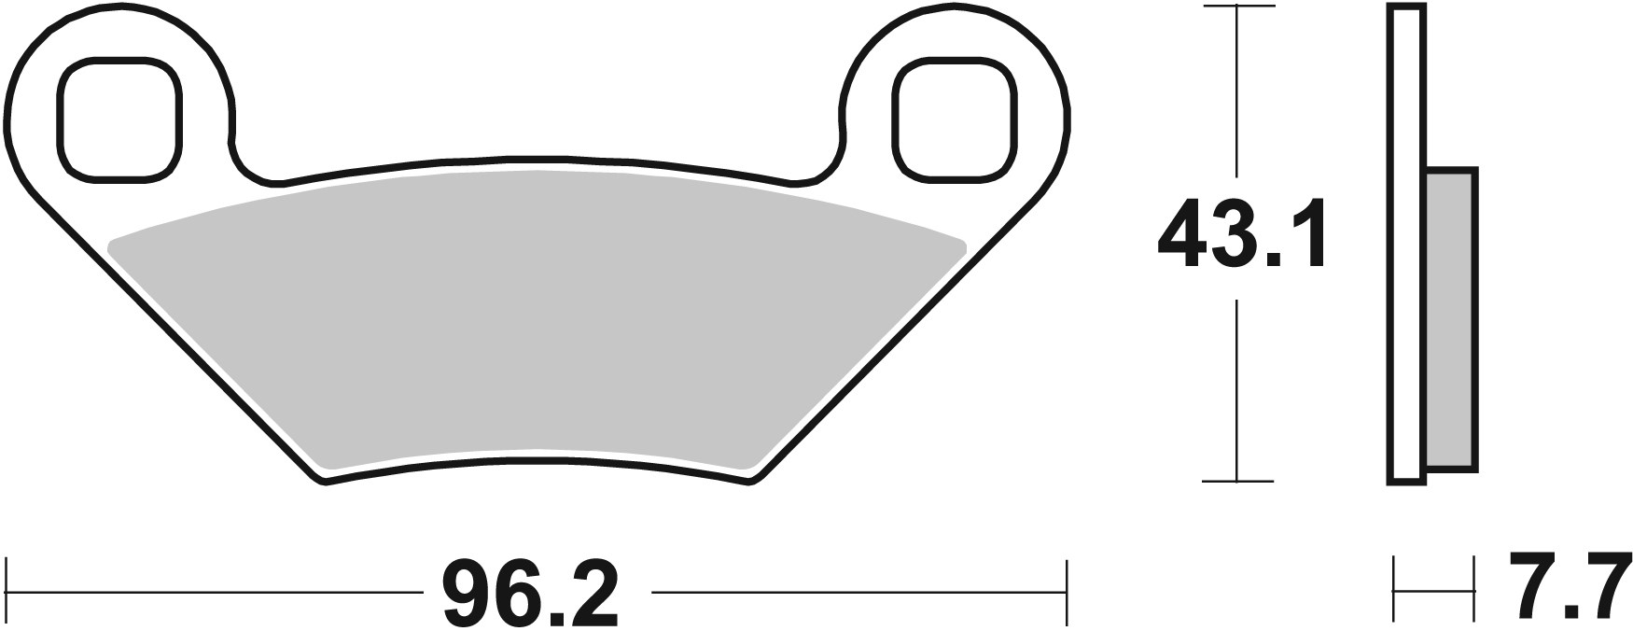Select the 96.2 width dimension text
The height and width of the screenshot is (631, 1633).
pos(530,594)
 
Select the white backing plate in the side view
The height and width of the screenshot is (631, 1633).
pos(1407,243)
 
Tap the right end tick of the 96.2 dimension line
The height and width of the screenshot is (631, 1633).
pos(1066,592)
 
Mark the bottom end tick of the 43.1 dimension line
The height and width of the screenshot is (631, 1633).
pos(1237,482)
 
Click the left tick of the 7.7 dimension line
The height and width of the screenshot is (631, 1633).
pos(1394,590)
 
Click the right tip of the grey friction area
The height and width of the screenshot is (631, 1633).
pos(963,245)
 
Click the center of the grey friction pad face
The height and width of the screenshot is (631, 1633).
pos(537,317)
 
